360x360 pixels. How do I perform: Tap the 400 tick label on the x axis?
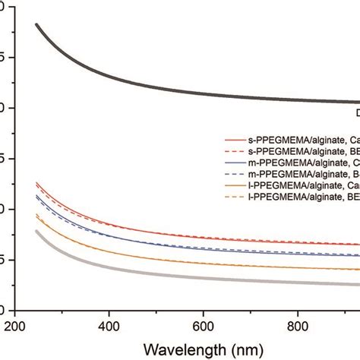click(109, 322)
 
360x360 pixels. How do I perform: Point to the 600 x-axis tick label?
click(204, 322)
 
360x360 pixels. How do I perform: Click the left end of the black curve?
click(36, 25)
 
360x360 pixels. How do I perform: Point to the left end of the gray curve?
click(36, 232)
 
